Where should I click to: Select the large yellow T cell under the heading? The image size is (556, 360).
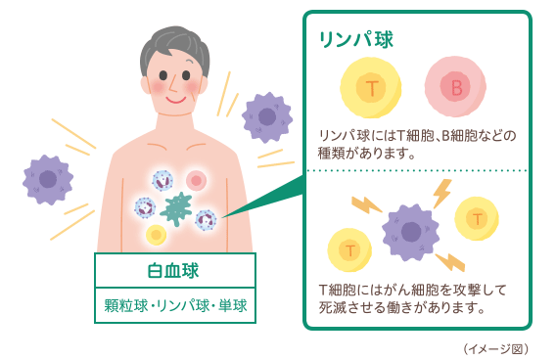[371, 89]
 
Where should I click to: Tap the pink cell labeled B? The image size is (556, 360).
[455, 89]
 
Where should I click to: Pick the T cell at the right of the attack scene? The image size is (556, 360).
[477, 217]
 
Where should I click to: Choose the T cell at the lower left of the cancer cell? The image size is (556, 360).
[348, 250]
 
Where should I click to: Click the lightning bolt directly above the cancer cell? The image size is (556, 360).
[441, 193]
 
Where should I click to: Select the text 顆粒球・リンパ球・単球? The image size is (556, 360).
[175, 305]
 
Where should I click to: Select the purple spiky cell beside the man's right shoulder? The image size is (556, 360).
[266, 116]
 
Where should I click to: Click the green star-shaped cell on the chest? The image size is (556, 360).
[177, 208]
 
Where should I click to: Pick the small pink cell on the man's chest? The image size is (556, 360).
[197, 180]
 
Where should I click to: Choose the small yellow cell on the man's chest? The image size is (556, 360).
[156, 235]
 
